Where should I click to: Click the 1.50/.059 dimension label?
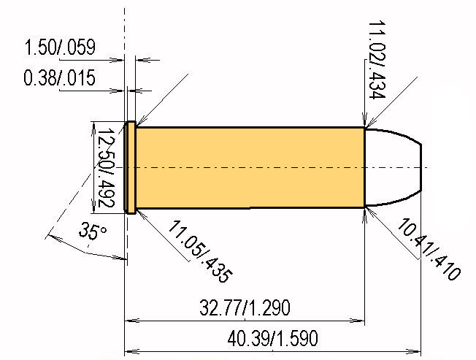[60, 49]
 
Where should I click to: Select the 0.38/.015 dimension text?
[60, 77]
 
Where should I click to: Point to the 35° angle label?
[93, 233]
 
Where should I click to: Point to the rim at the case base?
[130, 168]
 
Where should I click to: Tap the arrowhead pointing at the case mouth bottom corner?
[367, 210]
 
